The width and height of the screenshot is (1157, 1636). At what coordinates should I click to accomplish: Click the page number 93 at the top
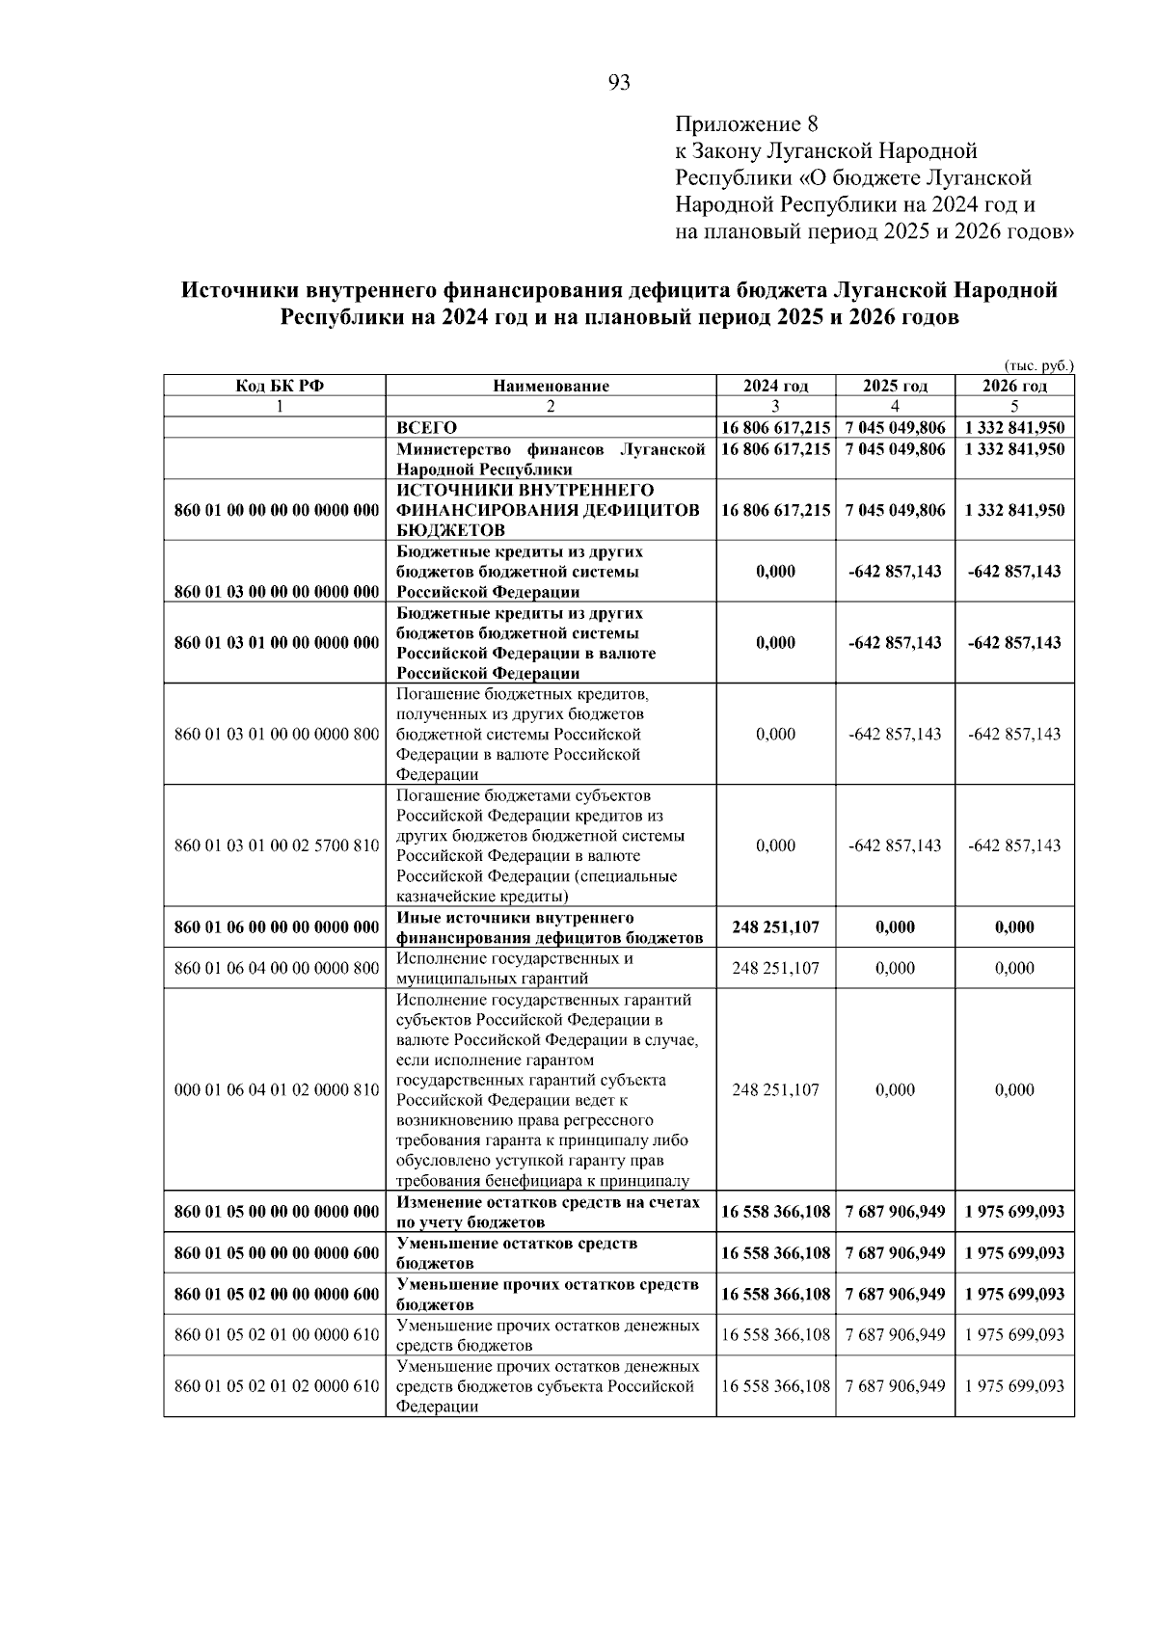click(619, 83)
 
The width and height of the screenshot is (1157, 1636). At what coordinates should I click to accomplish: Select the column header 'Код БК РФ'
click(275, 387)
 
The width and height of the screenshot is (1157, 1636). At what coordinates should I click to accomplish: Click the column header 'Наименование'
click(551, 387)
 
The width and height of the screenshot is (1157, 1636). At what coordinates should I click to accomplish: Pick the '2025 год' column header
click(895, 387)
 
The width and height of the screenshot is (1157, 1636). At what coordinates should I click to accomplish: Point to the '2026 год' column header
click(1014, 387)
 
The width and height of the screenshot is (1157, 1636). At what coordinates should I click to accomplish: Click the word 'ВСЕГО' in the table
click(427, 428)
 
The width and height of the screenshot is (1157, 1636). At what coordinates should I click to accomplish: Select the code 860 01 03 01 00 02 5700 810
click(276, 845)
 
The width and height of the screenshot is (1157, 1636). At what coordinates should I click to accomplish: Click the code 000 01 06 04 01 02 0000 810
click(276, 1090)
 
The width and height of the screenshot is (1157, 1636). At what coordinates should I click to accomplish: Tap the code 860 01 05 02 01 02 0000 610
click(276, 1386)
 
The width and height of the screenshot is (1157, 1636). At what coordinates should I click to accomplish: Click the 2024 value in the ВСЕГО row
click(775, 428)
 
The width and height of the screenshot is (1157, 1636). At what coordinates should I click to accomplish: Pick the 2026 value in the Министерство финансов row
click(1014, 449)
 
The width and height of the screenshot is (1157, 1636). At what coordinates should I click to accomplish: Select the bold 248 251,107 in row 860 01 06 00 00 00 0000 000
click(775, 927)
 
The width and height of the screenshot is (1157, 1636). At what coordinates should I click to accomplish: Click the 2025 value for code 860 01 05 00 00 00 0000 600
click(895, 1253)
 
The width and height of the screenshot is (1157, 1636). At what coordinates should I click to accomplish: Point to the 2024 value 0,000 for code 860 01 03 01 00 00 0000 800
click(775, 735)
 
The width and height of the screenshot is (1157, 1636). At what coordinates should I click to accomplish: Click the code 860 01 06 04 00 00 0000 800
click(276, 969)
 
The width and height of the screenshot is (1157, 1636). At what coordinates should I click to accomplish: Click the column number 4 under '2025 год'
click(895, 407)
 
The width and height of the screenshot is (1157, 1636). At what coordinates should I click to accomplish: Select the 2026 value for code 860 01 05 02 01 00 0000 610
click(1014, 1335)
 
